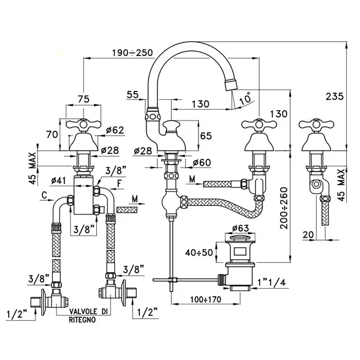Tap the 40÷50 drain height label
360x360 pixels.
click(x=200, y=253)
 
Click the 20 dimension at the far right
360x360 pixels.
click(x=308, y=234)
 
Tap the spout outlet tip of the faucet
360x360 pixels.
click(x=231, y=83)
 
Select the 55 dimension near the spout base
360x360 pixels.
click(x=133, y=95)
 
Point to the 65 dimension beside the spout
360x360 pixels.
click(x=206, y=137)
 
